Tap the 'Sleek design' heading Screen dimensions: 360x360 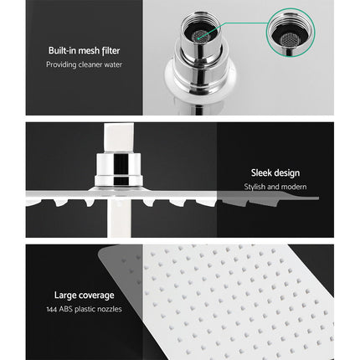(275, 174)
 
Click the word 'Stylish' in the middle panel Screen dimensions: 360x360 (256, 188)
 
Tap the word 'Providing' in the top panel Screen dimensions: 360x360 (60, 64)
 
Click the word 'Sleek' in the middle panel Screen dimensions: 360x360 (260, 174)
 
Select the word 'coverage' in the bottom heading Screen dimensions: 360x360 (94, 294)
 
